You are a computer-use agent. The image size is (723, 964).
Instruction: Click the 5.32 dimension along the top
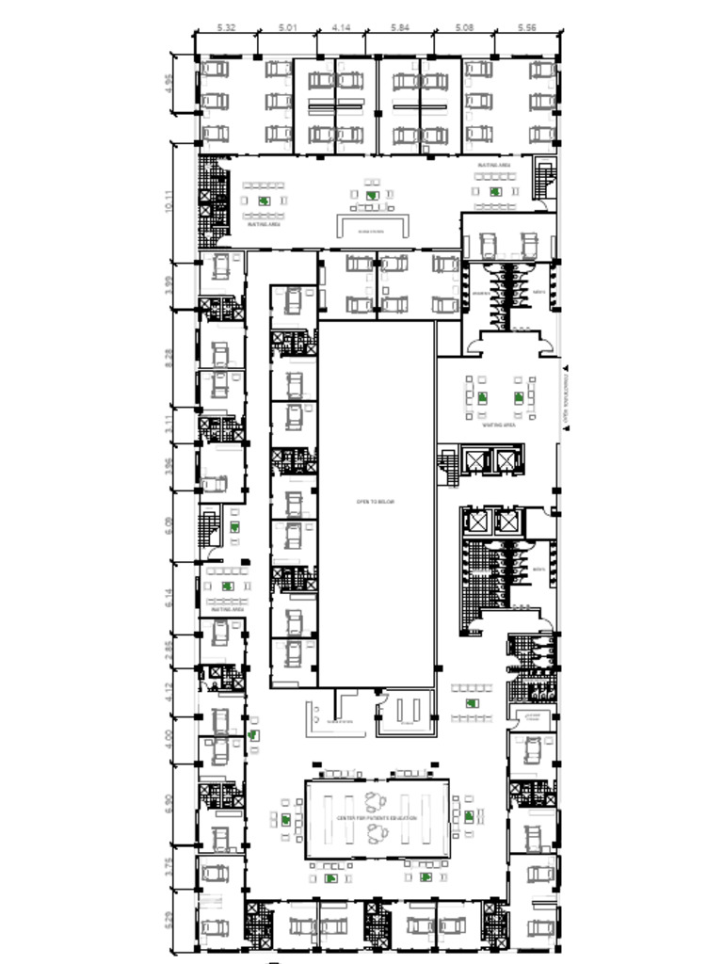click(x=226, y=28)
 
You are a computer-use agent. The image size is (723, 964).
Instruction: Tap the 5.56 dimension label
click(x=527, y=28)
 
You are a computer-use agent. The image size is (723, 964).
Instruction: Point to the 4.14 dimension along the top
click(x=341, y=28)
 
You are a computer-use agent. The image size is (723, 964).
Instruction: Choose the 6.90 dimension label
click(x=169, y=803)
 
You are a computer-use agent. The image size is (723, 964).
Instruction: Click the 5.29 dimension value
click(x=169, y=919)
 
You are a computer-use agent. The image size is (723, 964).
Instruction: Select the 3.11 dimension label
click(x=169, y=425)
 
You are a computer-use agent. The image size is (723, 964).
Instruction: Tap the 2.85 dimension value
click(x=169, y=650)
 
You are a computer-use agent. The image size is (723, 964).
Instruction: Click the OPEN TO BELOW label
click(x=376, y=502)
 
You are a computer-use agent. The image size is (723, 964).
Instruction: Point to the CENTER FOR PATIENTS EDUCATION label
click(x=377, y=818)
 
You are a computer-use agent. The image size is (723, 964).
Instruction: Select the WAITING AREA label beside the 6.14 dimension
click(x=227, y=610)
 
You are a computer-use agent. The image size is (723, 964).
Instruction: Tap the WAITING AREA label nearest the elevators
click(x=499, y=425)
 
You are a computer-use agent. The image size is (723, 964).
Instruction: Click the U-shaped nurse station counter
click(x=374, y=226)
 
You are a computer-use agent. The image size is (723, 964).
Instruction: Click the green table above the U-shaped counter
click(x=373, y=196)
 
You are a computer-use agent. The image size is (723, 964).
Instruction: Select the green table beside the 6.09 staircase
click(x=233, y=529)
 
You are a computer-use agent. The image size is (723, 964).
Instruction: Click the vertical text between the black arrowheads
click(x=566, y=396)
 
